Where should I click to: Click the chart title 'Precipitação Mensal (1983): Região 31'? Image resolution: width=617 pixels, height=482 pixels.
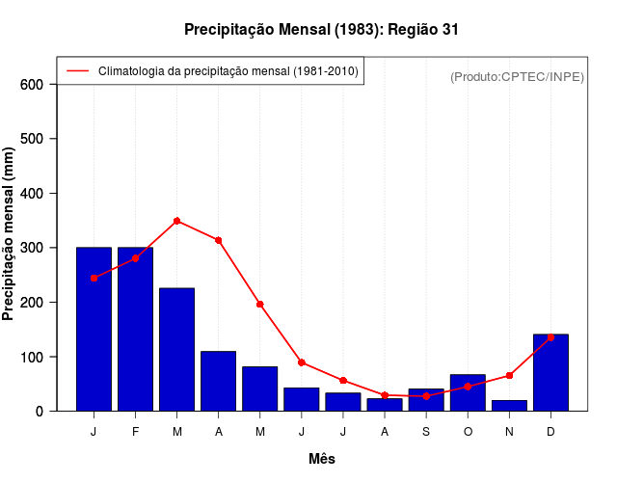coord(321,30)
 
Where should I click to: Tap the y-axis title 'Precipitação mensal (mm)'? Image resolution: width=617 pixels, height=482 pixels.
coord(9,234)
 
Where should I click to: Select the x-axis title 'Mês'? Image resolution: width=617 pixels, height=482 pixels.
coord(322,459)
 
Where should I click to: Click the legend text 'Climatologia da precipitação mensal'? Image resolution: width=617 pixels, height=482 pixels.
coord(228,70)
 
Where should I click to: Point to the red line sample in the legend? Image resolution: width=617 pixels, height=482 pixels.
coord(77,70)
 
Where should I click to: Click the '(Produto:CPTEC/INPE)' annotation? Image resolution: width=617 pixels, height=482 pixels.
coord(517,76)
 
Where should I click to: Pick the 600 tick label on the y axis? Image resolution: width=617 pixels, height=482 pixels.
coord(33,85)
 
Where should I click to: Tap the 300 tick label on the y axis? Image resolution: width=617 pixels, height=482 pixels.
coord(33,248)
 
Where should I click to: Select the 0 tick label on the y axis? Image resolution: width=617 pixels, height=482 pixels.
coord(40,412)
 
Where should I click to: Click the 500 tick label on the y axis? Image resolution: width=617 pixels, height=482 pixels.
coord(33,139)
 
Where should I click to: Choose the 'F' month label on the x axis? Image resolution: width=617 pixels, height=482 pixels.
coord(135,431)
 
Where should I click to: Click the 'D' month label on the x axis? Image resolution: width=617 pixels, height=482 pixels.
coord(550,431)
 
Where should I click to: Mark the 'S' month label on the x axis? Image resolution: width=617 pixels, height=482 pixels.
coord(426,431)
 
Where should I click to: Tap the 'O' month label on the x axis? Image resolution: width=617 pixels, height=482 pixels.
coord(468,431)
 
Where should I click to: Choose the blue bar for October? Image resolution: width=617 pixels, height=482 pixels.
coord(468,392)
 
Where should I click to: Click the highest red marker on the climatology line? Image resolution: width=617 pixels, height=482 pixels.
coord(176,221)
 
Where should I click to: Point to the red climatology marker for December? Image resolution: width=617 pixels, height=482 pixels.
coord(550,337)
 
